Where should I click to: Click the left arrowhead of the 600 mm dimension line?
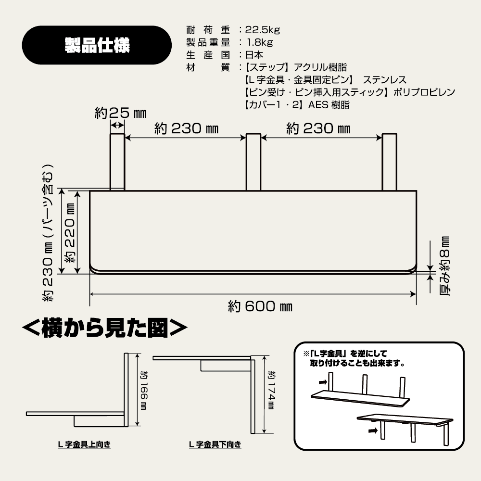coord(91,294)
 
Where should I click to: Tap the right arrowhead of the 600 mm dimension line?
coord(415,294)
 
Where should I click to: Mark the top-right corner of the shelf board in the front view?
coord(416,191)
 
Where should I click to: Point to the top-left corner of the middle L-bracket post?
coord(247,134)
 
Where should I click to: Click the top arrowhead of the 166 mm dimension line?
coord(138,355)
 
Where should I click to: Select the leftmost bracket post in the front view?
coord(117,162)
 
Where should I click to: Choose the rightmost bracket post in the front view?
coord(390,162)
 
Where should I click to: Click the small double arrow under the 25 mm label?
coord(117,125)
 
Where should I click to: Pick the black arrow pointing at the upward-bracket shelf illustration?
coord(323,382)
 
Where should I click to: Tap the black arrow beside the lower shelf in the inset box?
coord(373,430)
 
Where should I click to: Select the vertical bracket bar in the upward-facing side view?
coord(126,390)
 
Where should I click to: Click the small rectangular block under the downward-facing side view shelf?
coord(226,366)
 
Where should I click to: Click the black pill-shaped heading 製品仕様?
coord(97,45)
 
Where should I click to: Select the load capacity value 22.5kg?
coord(263,30)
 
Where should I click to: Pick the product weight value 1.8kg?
coord(260,42)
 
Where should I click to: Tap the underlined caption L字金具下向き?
coord(215,444)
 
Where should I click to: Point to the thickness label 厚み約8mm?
coord(444,266)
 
